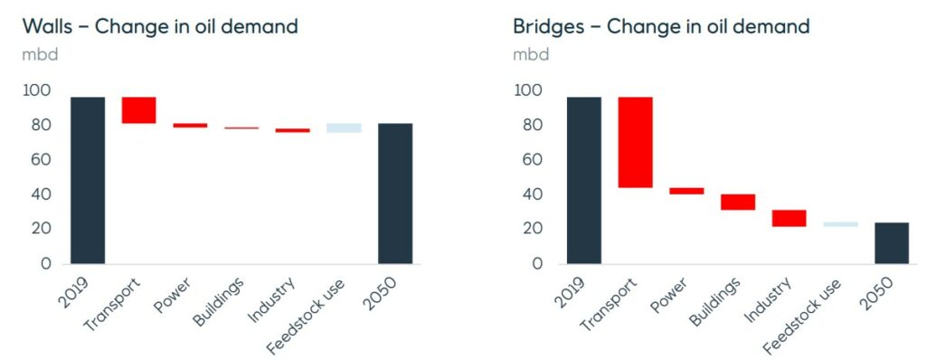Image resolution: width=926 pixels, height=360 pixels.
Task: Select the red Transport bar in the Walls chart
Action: tap(138, 109)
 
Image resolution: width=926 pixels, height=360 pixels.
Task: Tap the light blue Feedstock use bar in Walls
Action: tap(344, 128)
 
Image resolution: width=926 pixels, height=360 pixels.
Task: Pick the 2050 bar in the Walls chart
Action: tap(394, 193)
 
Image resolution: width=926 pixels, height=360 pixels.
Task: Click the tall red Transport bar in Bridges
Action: tap(635, 142)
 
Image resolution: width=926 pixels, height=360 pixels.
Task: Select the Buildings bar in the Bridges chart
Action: tap(737, 202)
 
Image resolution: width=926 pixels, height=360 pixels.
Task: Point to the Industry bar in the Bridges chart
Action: tap(789, 218)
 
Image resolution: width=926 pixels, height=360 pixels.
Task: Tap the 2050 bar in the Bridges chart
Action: tap(891, 242)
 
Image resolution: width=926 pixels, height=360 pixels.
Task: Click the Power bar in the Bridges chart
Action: tap(686, 191)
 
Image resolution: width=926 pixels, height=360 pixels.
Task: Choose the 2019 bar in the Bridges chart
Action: tap(583, 179)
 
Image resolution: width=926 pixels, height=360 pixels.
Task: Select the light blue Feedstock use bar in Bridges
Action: tap(840, 223)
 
